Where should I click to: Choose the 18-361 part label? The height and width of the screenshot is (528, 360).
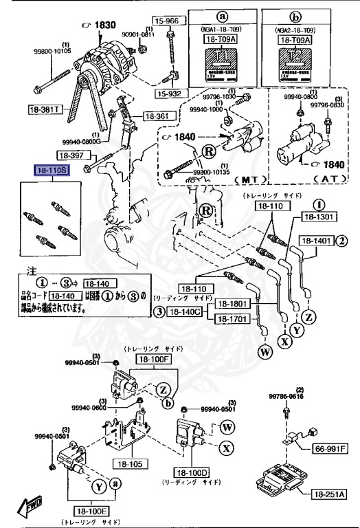[156, 117]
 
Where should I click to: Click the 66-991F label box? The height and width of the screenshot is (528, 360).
[330, 449]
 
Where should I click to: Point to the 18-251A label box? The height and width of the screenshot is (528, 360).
[330, 494]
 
